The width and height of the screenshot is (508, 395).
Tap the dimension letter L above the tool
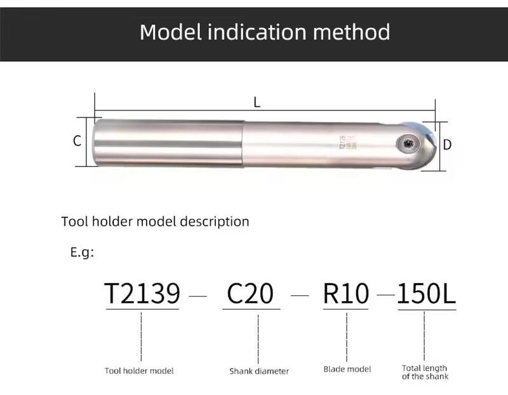point(257,102)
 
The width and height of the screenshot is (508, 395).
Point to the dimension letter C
point(77,141)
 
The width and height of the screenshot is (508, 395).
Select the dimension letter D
point(447,145)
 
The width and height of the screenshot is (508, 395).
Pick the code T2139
point(142,293)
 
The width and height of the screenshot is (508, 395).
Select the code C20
point(250,293)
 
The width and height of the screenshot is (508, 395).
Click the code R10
point(346,293)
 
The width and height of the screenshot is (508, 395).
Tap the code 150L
point(427,293)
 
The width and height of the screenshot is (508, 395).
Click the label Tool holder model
point(139,370)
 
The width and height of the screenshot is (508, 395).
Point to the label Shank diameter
point(259,371)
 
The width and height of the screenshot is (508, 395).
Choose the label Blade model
point(347,369)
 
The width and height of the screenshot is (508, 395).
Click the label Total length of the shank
point(425,372)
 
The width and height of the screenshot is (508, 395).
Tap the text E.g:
point(82,252)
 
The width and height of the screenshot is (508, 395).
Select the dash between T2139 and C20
point(198,296)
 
